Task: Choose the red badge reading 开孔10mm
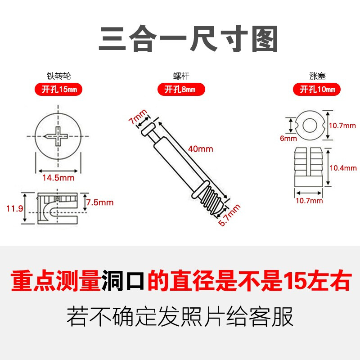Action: click(x=318, y=90)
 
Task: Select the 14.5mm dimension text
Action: click(x=58, y=178)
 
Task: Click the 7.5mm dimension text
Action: click(x=100, y=202)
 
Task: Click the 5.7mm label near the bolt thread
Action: click(x=229, y=216)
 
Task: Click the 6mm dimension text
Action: click(x=286, y=139)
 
